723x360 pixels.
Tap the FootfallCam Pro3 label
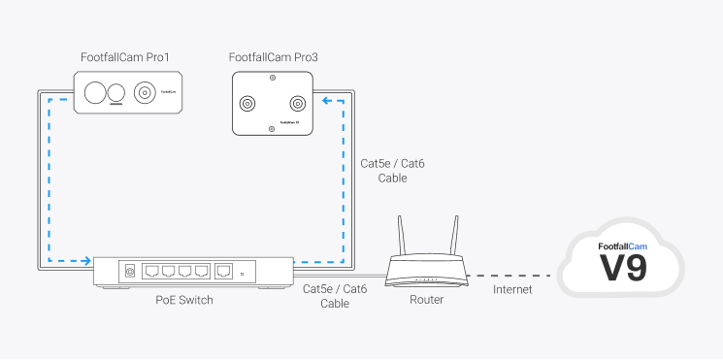(x=274, y=58)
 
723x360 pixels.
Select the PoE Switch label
(x=184, y=300)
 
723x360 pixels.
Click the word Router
(x=427, y=300)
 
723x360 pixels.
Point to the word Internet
(x=512, y=290)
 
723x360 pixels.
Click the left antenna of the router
(x=399, y=232)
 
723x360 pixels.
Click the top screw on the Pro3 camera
(x=272, y=78)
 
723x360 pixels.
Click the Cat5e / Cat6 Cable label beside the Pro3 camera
(x=392, y=171)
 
